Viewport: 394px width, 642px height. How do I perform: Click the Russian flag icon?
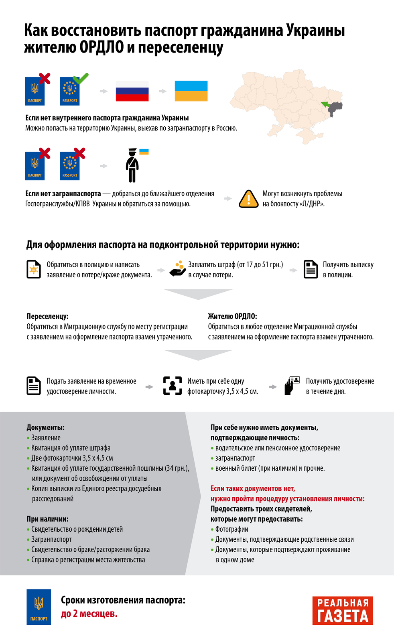coord(132,91)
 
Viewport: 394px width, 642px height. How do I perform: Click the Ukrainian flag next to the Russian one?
coord(191,91)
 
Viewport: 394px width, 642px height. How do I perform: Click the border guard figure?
coord(132,165)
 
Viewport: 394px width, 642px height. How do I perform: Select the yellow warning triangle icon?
coord(249,199)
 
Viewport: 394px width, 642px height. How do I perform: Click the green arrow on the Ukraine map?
coord(325,105)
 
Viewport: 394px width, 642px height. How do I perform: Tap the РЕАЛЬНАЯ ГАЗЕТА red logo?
coord(343,610)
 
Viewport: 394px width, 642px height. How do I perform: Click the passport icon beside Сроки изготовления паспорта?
coord(39,607)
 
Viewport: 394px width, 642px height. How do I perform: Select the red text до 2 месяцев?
coord(89,614)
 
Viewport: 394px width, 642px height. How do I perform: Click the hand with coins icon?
coord(177,269)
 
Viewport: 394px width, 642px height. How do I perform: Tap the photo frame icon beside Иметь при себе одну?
coord(173,386)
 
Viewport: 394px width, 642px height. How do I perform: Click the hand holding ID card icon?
coord(292,386)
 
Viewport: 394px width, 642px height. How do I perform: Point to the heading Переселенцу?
coord(47,316)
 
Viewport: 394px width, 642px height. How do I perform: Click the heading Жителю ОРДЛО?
coord(232,316)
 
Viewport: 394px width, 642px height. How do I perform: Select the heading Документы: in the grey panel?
coord(45,427)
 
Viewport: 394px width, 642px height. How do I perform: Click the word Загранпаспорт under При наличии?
coord(51,539)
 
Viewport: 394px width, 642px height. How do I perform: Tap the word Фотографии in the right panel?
coord(232,529)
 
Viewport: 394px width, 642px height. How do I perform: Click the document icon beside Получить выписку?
coord(311,269)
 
